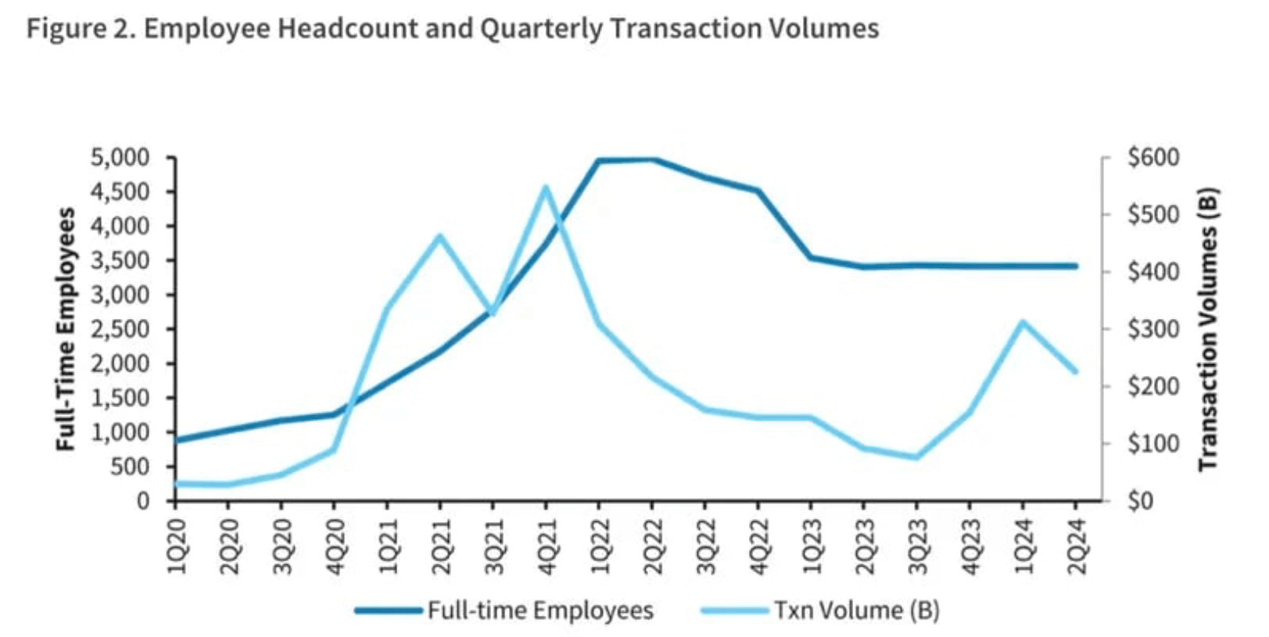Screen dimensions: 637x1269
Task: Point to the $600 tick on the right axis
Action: coord(1153,158)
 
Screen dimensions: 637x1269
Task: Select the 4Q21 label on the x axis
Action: coord(547,546)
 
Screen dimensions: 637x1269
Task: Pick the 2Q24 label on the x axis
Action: coord(1077,546)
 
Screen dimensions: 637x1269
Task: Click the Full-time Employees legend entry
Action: coord(540,610)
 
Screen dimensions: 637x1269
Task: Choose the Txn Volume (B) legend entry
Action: coord(856,610)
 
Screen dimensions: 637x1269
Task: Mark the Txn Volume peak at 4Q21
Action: coord(546,187)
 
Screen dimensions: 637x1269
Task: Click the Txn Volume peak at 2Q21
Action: coord(439,235)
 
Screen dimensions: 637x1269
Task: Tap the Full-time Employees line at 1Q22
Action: coord(599,161)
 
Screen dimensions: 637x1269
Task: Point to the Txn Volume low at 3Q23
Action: coord(917,457)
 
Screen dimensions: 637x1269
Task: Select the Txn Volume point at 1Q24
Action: coord(1023,321)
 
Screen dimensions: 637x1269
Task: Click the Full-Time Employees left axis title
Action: coord(66,328)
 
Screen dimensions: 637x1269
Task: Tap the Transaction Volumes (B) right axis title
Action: coord(1209,328)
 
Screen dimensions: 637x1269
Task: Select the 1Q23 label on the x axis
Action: coord(811,546)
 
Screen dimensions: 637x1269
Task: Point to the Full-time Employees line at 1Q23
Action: coord(811,257)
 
